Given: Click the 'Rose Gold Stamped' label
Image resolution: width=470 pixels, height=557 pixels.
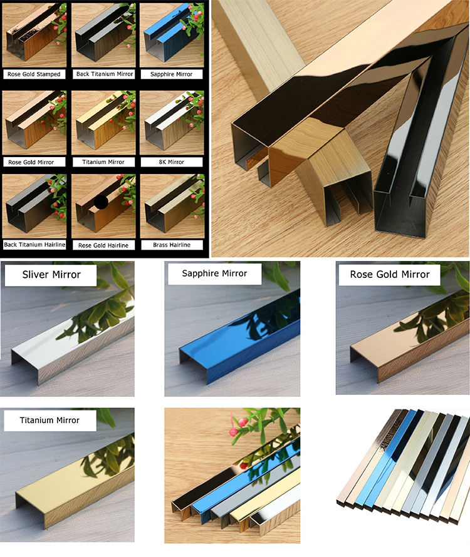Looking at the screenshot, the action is (x=34, y=74).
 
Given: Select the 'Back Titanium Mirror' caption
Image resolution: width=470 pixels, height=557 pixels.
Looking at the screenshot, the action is (x=105, y=74).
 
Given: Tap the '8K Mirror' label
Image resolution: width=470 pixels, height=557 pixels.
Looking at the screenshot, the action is (x=172, y=162).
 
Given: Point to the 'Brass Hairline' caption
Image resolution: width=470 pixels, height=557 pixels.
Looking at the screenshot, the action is (x=172, y=245).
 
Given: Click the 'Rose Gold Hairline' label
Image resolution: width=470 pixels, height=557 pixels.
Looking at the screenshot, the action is (x=103, y=245).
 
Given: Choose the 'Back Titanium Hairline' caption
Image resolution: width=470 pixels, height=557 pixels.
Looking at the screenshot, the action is (x=34, y=245).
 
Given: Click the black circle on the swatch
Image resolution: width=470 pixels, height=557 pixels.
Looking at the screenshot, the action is (x=101, y=203).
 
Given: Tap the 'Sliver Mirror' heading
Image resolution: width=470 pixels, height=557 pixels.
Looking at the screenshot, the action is (x=51, y=275).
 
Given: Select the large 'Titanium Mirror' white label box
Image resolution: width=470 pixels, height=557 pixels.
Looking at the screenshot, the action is (x=50, y=421).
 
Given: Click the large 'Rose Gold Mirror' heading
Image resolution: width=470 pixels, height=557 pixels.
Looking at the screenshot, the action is (x=390, y=275).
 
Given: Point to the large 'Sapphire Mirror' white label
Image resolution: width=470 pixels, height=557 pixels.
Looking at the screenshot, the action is (x=214, y=273).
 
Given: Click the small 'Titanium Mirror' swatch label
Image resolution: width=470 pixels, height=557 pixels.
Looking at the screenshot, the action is (x=103, y=162).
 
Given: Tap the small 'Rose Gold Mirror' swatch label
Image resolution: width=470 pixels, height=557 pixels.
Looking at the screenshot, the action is (x=31, y=162).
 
